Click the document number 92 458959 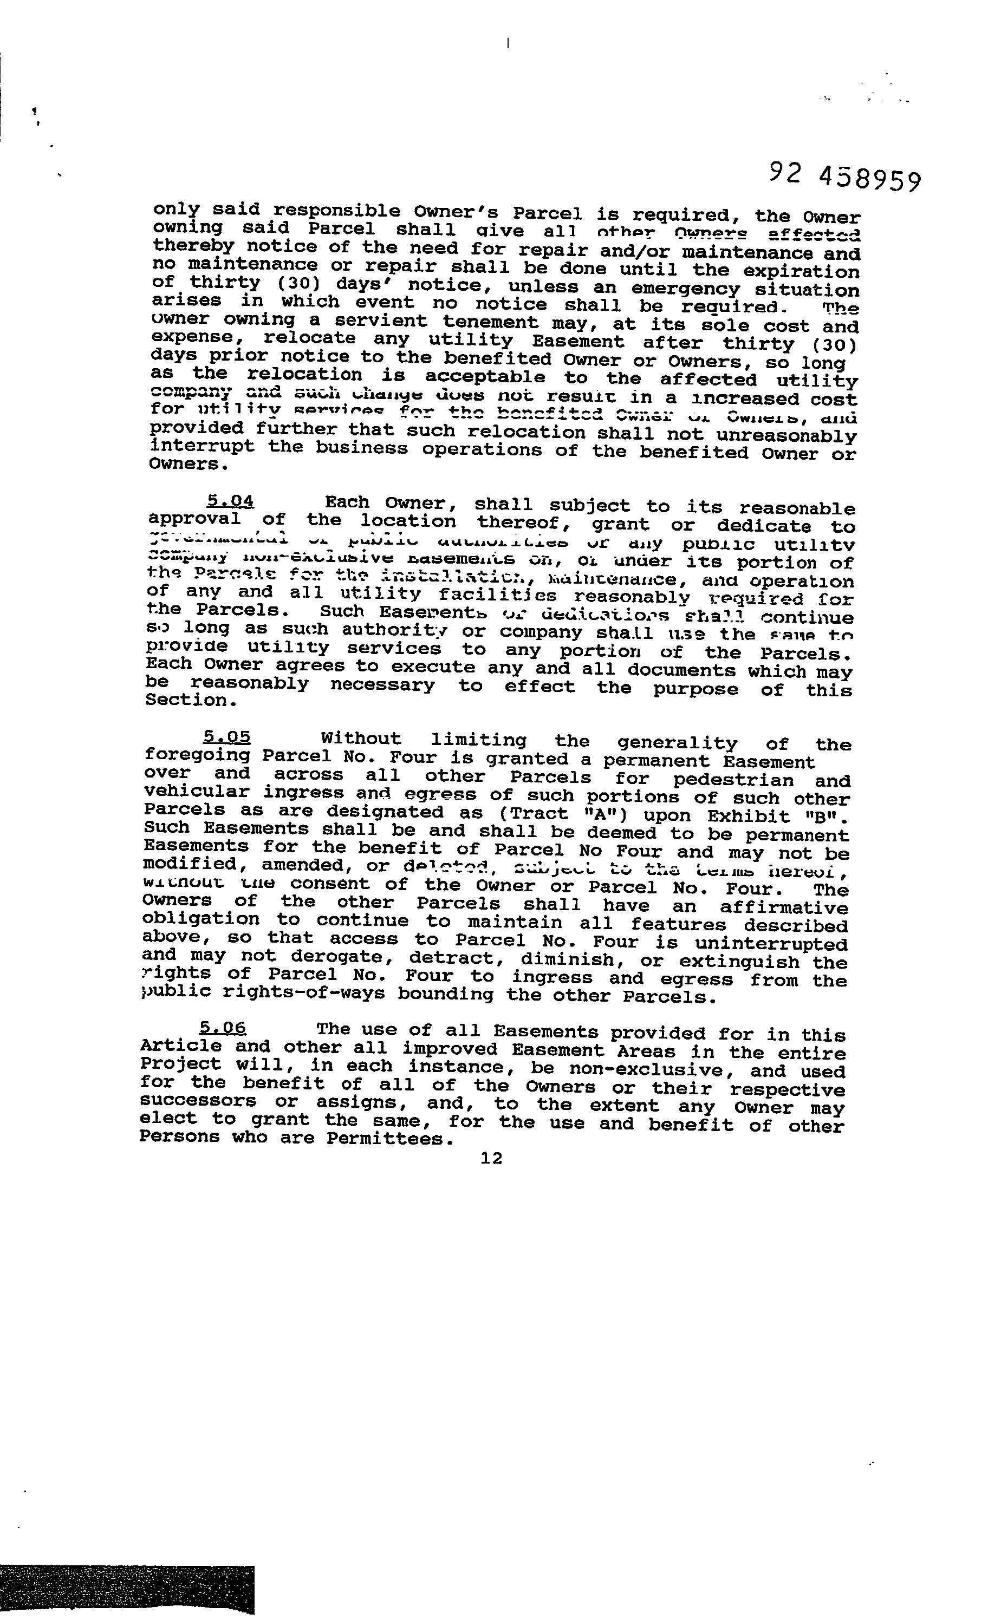pos(844,178)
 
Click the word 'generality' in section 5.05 pos(677,743)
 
